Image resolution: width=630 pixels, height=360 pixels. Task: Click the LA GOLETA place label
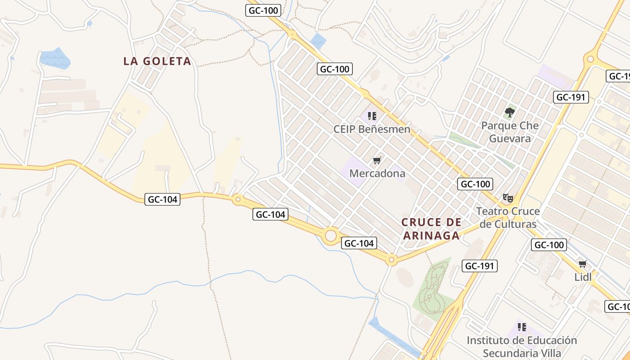pyautogui.click(x=157, y=61)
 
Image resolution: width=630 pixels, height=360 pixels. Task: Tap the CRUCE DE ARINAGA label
pyautogui.click(x=432, y=229)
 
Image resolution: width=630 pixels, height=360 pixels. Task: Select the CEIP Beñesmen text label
pyautogui.click(x=372, y=130)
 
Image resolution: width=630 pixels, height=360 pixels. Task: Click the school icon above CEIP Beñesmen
pyautogui.click(x=372, y=117)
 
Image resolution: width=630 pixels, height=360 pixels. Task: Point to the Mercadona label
pyautogui.click(x=377, y=173)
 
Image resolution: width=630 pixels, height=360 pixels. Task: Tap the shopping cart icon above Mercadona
pyautogui.click(x=377, y=161)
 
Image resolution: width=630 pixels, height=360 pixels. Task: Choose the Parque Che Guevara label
pyautogui.click(x=510, y=132)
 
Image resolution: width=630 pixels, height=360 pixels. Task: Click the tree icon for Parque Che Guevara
pyautogui.click(x=510, y=112)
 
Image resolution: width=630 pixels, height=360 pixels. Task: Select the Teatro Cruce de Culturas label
pyautogui.click(x=508, y=217)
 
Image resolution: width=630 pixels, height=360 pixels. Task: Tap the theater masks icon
pyautogui.click(x=508, y=198)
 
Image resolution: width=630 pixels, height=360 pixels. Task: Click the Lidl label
pyautogui.click(x=583, y=277)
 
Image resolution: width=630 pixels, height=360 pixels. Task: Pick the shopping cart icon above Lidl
pyautogui.click(x=583, y=264)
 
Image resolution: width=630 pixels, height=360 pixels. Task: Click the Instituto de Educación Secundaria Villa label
pyautogui.click(x=522, y=346)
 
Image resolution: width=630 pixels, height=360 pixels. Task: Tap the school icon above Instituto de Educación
pyautogui.click(x=522, y=327)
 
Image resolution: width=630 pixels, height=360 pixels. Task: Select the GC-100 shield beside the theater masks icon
pyautogui.click(x=475, y=184)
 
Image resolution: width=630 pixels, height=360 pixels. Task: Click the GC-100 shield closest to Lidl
pyautogui.click(x=549, y=245)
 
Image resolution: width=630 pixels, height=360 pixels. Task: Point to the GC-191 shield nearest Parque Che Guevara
pyautogui.click(x=571, y=97)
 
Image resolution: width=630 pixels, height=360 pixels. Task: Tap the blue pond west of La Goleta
pyautogui.click(x=55, y=58)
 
